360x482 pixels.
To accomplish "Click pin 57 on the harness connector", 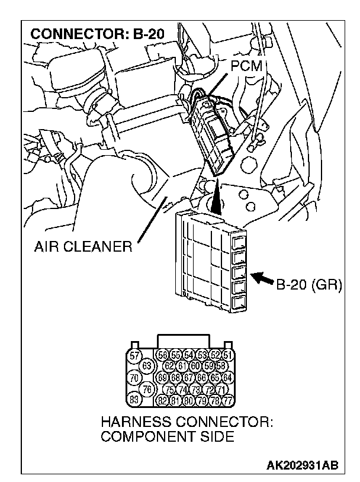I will pos(134,355).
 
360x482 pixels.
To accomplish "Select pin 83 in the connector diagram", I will pos(134,400).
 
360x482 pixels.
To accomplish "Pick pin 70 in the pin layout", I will pos(134,377).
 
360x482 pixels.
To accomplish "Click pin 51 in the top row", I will pos(227,355).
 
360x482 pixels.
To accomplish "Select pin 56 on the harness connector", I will pos(162,355).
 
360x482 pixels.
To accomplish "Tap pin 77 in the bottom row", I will pos(228,400).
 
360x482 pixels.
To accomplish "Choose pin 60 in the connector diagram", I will pos(195,366).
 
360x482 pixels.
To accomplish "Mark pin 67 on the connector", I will pos(189,377).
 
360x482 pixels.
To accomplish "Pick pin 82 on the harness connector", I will pos(162,400).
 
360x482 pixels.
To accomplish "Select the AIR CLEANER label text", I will pos(83,248).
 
